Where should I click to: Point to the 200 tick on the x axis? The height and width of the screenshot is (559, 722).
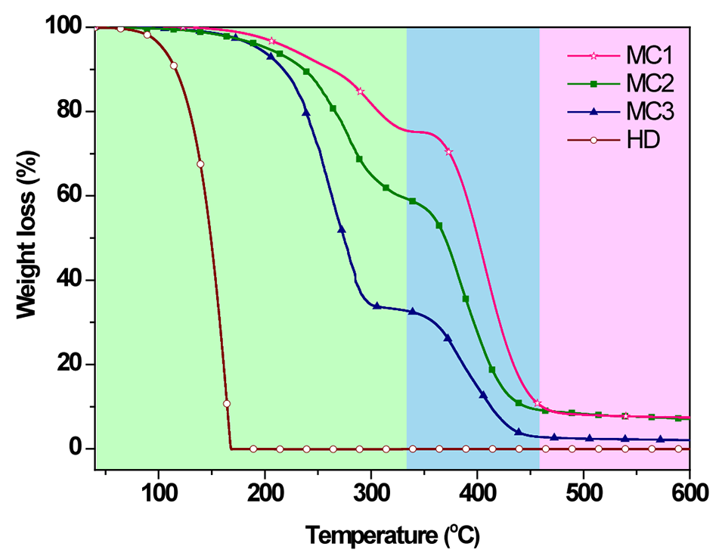265,495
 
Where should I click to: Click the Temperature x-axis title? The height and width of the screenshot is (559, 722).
392,535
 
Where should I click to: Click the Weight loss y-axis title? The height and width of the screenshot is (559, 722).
30,237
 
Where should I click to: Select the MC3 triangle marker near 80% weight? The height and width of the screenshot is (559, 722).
306,113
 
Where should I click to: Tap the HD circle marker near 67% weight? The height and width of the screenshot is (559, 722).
200,164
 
